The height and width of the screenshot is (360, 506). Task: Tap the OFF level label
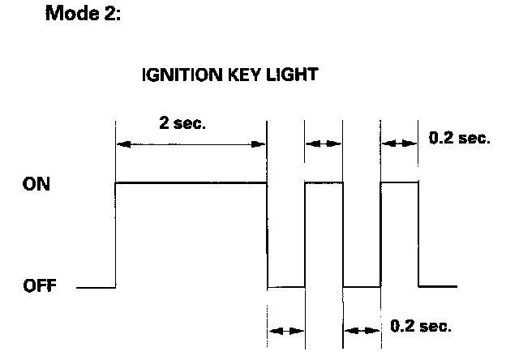[x=40, y=286]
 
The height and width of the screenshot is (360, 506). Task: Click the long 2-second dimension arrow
[x=191, y=144]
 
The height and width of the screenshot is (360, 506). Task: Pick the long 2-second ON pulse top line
[x=191, y=182]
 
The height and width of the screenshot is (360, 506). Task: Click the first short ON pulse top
[x=324, y=182]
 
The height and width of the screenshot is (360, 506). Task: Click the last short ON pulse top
[x=400, y=182]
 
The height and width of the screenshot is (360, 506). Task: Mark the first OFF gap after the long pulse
[x=286, y=286]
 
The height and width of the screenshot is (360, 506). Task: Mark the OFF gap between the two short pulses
[x=362, y=286]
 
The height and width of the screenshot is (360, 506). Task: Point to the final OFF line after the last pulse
[x=438, y=286]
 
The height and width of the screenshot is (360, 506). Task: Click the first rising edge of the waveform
[x=116, y=235]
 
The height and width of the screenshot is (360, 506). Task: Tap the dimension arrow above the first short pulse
[x=324, y=144]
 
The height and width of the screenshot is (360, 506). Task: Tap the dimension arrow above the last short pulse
[x=400, y=144]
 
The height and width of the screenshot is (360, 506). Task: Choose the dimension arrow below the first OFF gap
[x=286, y=331]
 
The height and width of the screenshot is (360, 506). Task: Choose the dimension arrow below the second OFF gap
[x=362, y=331]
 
